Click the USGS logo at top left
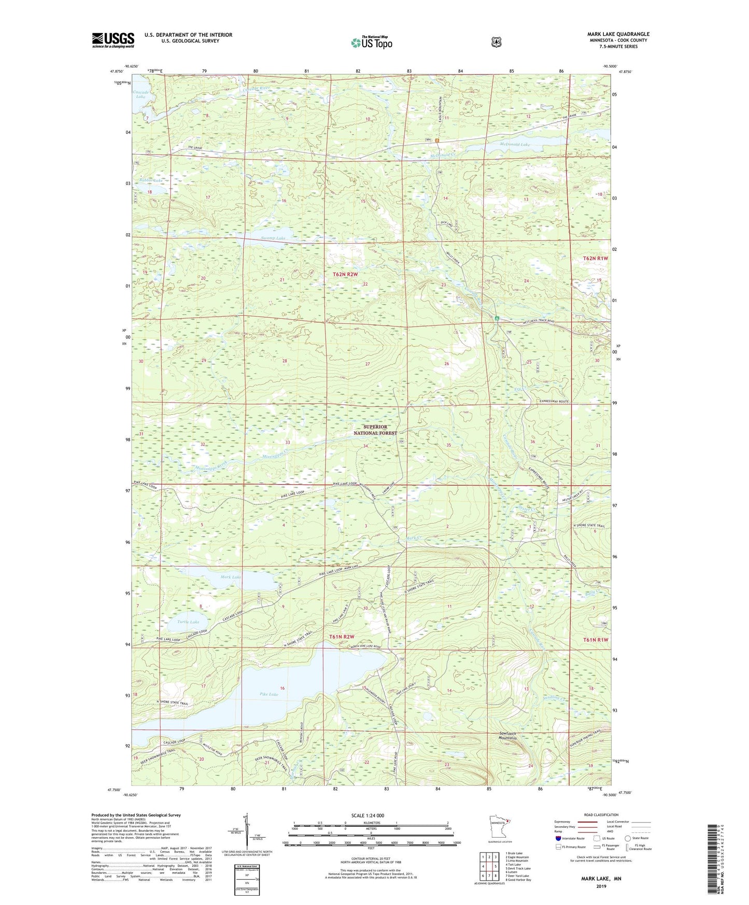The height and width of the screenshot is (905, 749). click(x=113, y=40)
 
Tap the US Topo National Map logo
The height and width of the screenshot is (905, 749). click(x=371, y=42)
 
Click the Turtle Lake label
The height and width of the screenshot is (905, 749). click(x=188, y=622)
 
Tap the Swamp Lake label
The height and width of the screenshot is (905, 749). click(x=273, y=238)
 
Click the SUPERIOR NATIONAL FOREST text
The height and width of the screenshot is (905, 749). click(x=376, y=430)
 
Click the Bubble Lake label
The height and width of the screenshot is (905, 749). click(x=151, y=180)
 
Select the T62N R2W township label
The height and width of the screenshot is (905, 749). click(x=345, y=274)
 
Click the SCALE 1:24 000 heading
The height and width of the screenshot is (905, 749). click(x=371, y=816)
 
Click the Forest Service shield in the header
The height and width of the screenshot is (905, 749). click(x=496, y=41)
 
